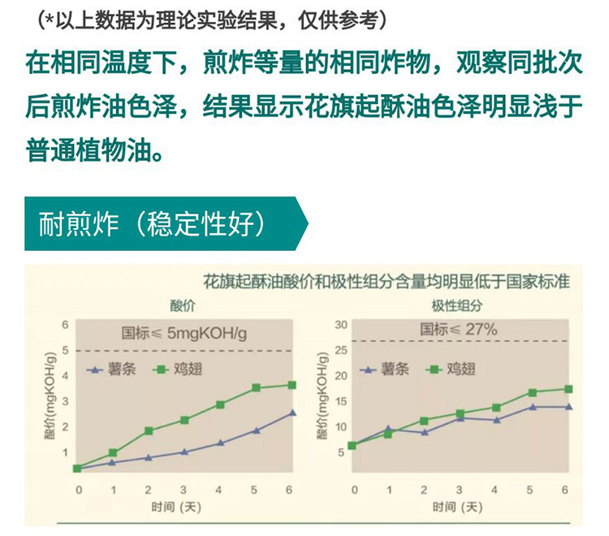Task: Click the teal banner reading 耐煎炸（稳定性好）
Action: [x=166, y=223]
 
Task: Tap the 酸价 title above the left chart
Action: [x=183, y=305]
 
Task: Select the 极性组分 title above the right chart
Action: [x=456, y=305]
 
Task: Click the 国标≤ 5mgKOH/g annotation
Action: [x=184, y=333]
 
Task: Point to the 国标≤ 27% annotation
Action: [x=458, y=330]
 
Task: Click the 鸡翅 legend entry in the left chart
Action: [x=178, y=369]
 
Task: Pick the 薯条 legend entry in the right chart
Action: [x=385, y=369]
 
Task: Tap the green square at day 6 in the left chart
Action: [x=292, y=385]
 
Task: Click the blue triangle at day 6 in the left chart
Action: [x=292, y=413]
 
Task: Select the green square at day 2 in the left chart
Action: [x=149, y=430]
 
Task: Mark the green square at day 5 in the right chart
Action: [x=533, y=393]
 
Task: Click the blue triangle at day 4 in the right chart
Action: [x=496, y=420]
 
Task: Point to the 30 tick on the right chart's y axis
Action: [x=341, y=325]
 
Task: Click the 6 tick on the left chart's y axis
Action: [x=65, y=325]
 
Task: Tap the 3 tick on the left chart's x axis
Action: [x=184, y=491]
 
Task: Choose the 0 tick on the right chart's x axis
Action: [x=354, y=491]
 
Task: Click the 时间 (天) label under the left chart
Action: [x=176, y=507]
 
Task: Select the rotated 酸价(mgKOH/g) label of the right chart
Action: [x=322, y=396]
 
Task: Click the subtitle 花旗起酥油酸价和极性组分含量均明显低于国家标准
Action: [x=387, y=282]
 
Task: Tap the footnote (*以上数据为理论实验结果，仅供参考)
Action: [x=213, y=20]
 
